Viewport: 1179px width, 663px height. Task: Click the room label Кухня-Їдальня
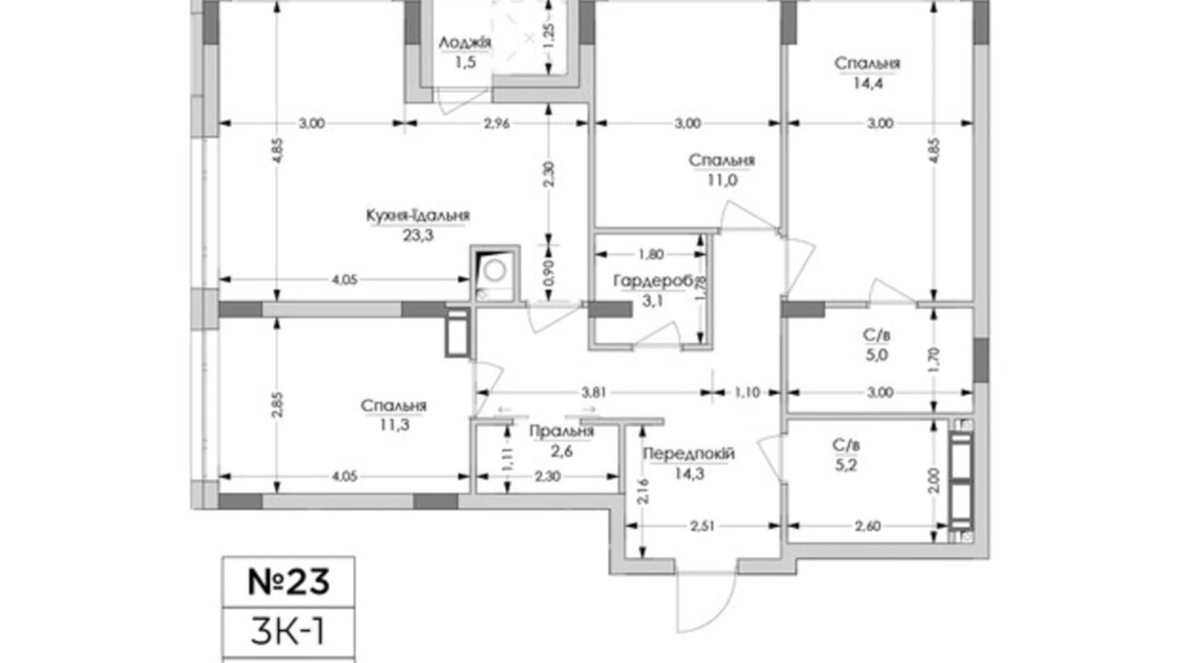point(417,215)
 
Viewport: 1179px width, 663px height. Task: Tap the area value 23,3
point(417,235)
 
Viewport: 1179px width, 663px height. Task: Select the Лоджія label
point(465,43)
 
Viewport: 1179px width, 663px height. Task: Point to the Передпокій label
point(688,454)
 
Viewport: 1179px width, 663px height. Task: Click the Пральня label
point(561,432)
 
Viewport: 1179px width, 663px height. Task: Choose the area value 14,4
point(867,83)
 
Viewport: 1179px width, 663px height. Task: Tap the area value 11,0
point(721,180)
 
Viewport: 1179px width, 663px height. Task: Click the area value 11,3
point(394,425)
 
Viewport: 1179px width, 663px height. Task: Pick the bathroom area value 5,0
point(876,355)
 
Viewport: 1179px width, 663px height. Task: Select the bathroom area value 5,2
point(846,465)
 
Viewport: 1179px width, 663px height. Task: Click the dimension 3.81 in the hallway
point(593,393)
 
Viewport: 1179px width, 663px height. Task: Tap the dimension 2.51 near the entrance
point(702,527)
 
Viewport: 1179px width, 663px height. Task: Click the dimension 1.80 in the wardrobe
point(650,254)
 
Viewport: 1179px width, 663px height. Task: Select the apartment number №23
point(289,582)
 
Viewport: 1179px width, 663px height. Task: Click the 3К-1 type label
point(288,632)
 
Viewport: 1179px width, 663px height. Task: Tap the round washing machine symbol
point(495,271)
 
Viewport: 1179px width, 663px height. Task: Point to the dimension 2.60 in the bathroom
point(867,527)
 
